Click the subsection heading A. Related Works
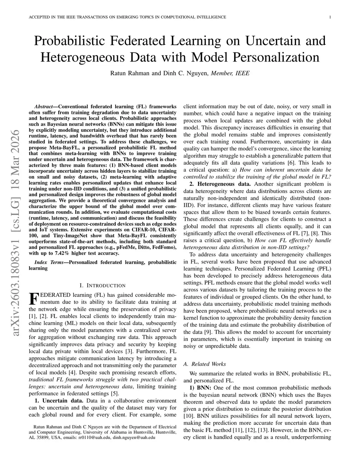click(205, 364)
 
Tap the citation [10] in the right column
click(188, 416)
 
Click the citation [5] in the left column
click(115, 394)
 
